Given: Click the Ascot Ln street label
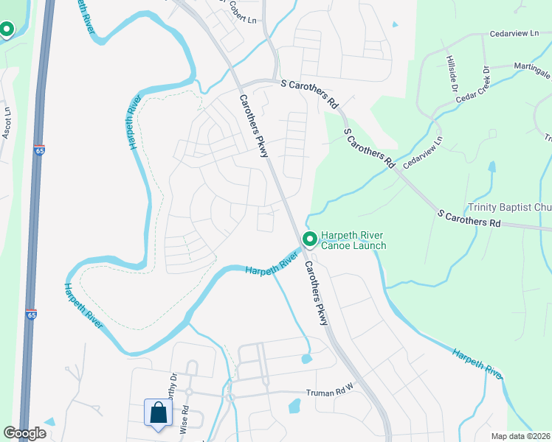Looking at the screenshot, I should pyautogui.click(x=7, y=123).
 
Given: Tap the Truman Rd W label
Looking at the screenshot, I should pyautogui.click(x=331, y=394).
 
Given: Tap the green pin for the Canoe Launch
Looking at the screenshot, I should pyautogui.click(x=310, y=239).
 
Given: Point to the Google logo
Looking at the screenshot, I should pyautogui.click(x=24, y=433).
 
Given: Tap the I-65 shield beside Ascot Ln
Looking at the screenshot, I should pyautogui.click(x=39, y=150).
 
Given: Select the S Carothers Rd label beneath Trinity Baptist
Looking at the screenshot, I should pyautogui.click(x=469, y=218).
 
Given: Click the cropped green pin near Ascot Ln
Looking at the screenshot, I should pyautogui.click(x=7, y=29).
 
